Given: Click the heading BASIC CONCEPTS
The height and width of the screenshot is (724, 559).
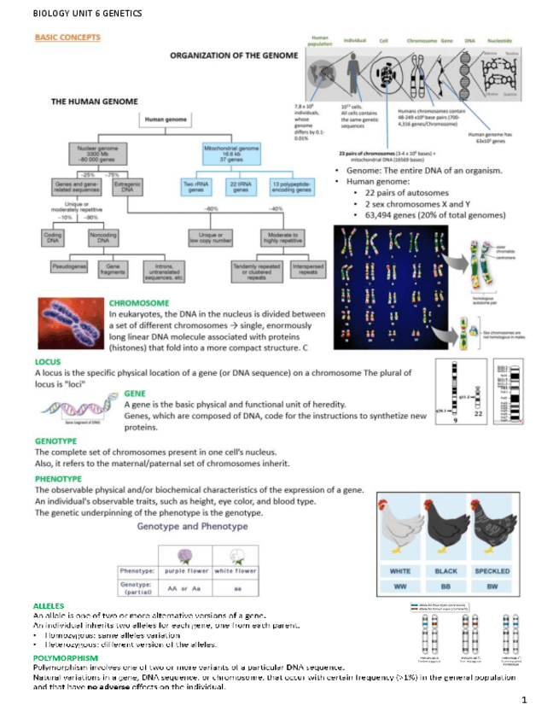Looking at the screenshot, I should coord(67,38).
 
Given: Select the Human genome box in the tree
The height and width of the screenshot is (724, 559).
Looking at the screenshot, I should coord(167,120).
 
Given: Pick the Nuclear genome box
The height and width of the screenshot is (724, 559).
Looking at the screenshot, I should coord(96,154).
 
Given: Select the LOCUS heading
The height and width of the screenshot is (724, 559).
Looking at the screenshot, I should coord(47,361).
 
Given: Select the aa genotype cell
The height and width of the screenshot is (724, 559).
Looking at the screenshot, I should coord(236,587).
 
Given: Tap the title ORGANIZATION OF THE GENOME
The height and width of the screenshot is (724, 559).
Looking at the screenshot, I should coord(234,55).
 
